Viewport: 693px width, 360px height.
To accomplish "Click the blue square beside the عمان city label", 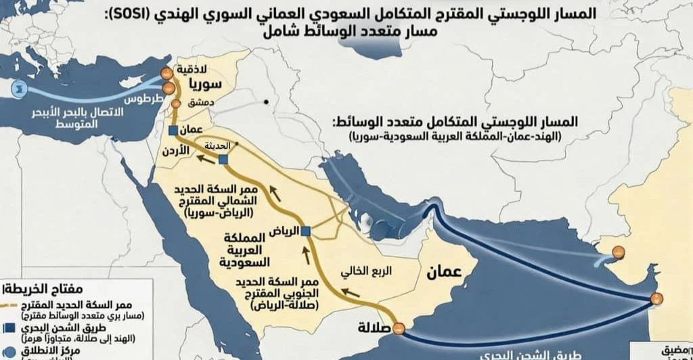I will coord(173,129).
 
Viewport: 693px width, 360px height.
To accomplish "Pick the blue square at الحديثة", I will coord(223,159).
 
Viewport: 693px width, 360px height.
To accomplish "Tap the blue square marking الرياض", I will coord(306,231).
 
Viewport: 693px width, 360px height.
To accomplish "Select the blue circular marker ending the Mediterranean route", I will coord(13,88).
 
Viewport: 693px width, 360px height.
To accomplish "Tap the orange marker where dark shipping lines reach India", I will coord(654,298).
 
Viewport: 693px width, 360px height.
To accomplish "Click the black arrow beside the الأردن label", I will coord(202,159).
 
